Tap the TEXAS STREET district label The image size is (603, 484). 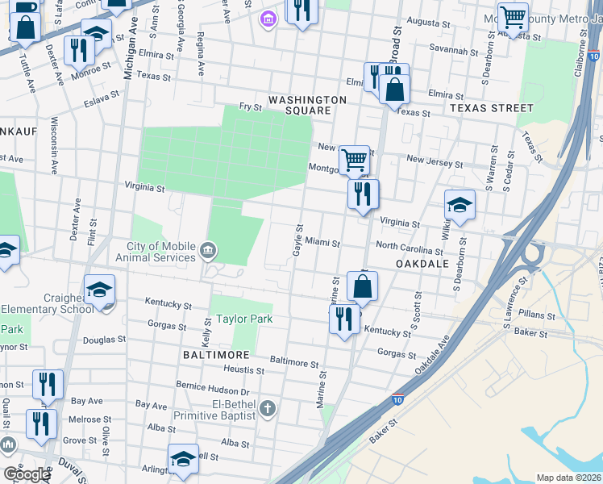[x=492, y=107]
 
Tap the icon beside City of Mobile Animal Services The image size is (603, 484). [x=209, y=250]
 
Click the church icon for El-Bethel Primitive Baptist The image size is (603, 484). [x=268, y=409]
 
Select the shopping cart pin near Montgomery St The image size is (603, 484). [x=355, y=160]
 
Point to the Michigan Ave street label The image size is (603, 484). [x=127, y=56]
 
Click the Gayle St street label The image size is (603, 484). [x=297, y=243]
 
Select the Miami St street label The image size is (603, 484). [x=322, y=243]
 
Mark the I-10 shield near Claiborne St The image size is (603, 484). [x=593, y=58]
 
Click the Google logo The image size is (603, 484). [x=26, y=474]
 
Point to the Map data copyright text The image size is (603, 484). [x=568, y=478]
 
